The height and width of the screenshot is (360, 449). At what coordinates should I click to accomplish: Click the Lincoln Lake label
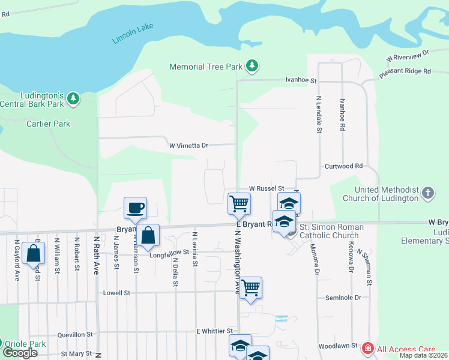(x=133, y=34)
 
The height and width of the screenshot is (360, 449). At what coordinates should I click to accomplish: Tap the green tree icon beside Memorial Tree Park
(x=253, y=67)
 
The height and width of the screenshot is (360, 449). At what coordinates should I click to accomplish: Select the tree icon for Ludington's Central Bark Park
(x=73, y=98)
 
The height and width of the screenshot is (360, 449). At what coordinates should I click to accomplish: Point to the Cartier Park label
(x=49, y=124)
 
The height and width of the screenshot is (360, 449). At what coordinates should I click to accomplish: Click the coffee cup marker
(x=136, y=208)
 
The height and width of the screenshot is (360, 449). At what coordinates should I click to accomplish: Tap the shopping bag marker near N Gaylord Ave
(x=33, y=253)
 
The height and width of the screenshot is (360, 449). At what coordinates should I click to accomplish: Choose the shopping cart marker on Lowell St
(x=250, y=287)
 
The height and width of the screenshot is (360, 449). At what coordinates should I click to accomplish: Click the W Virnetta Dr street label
(x=188, y=145)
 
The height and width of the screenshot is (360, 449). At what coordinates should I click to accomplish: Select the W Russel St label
(x=266, y=188)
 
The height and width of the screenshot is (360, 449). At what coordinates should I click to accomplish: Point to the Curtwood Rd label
(x=344, y=166)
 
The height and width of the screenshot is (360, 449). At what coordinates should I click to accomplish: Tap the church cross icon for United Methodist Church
(x=427, y=193)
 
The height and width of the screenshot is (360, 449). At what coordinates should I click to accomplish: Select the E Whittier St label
(x=214, y=331)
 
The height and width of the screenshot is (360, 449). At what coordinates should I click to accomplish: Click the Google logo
(x=20, y=353)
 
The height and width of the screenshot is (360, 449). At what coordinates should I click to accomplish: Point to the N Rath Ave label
(x=96, y=255)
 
